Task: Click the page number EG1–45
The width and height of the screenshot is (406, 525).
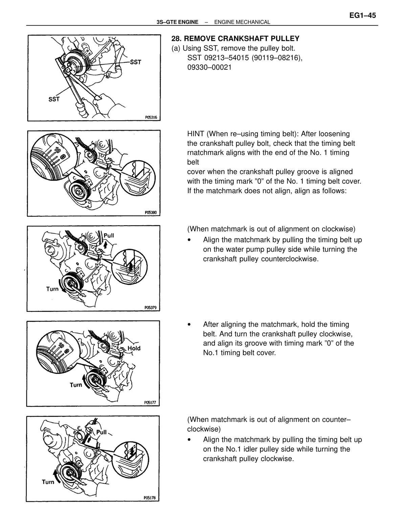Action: point(363,16)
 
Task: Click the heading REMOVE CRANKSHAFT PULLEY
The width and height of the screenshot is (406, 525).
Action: point(242,39)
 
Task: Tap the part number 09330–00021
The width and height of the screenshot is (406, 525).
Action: point(209,67)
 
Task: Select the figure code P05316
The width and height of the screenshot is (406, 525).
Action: point(151,117)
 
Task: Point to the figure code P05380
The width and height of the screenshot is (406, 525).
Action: point(151,213)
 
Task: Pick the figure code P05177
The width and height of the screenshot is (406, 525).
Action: point(150,403)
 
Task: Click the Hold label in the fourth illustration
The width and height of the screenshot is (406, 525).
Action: point(134,348)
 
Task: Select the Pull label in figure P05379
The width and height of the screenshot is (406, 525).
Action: point(109,235)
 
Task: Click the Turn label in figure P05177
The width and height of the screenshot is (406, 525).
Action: point(76,385)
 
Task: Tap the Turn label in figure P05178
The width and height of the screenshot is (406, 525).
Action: point(48,482)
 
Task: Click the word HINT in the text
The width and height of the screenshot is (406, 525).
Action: point(196,134)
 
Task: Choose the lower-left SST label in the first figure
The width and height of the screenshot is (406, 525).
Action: point(54,99)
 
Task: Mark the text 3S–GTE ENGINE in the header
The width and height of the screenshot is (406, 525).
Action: point(178,22)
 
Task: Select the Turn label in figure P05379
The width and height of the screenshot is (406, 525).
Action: point(52,289)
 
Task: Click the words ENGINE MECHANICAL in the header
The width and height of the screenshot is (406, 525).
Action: point(242,22)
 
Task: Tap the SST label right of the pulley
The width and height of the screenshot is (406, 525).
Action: point(135,62)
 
